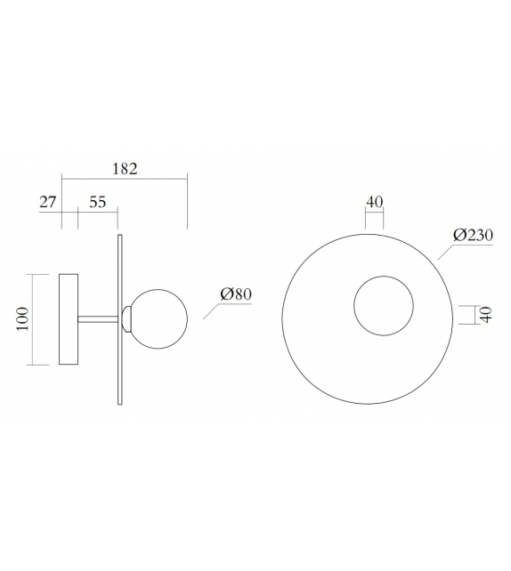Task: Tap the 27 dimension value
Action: tap(48, 202)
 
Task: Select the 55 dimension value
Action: tap(98, 202)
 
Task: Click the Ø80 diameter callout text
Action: tap(236, 294)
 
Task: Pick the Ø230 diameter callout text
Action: tap(473, 235)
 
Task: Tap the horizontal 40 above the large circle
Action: tap(374, 202)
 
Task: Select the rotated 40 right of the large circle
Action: tap(486, 316)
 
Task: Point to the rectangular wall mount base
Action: tap(69, 319)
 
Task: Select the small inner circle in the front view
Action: tap(384, 307)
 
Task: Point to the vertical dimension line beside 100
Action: tap(33, 319)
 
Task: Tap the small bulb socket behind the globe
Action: tap(128, 318)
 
